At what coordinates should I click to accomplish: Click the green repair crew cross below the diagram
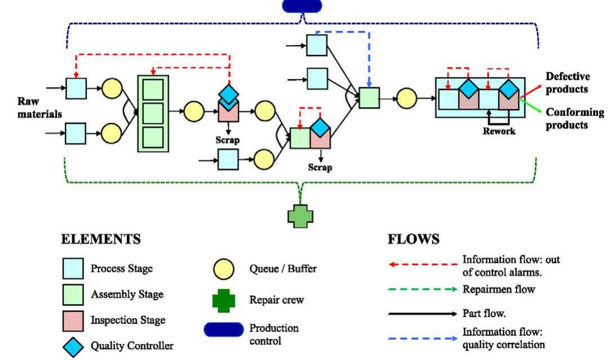[301, 216]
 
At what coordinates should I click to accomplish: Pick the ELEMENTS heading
[101, 239]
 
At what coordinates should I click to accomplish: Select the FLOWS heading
[413, 239]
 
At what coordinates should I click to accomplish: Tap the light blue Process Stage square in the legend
[74, 269]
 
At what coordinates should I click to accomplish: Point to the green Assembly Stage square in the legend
[74, 295]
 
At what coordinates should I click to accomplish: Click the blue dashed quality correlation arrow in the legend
[422, 338]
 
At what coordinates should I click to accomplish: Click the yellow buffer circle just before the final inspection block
[407, 100]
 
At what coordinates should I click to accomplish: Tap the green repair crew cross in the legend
[223, 300]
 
